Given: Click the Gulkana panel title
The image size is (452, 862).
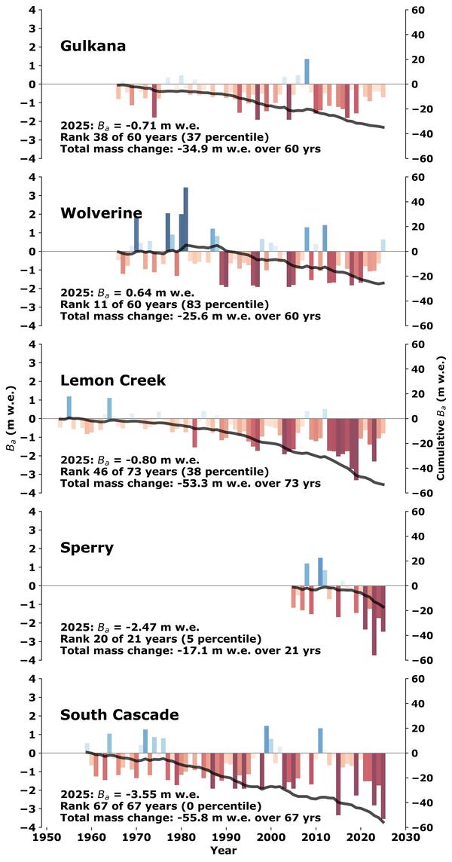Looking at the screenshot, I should [93, 46].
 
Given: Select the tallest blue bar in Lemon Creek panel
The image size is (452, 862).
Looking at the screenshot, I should [69, 407].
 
